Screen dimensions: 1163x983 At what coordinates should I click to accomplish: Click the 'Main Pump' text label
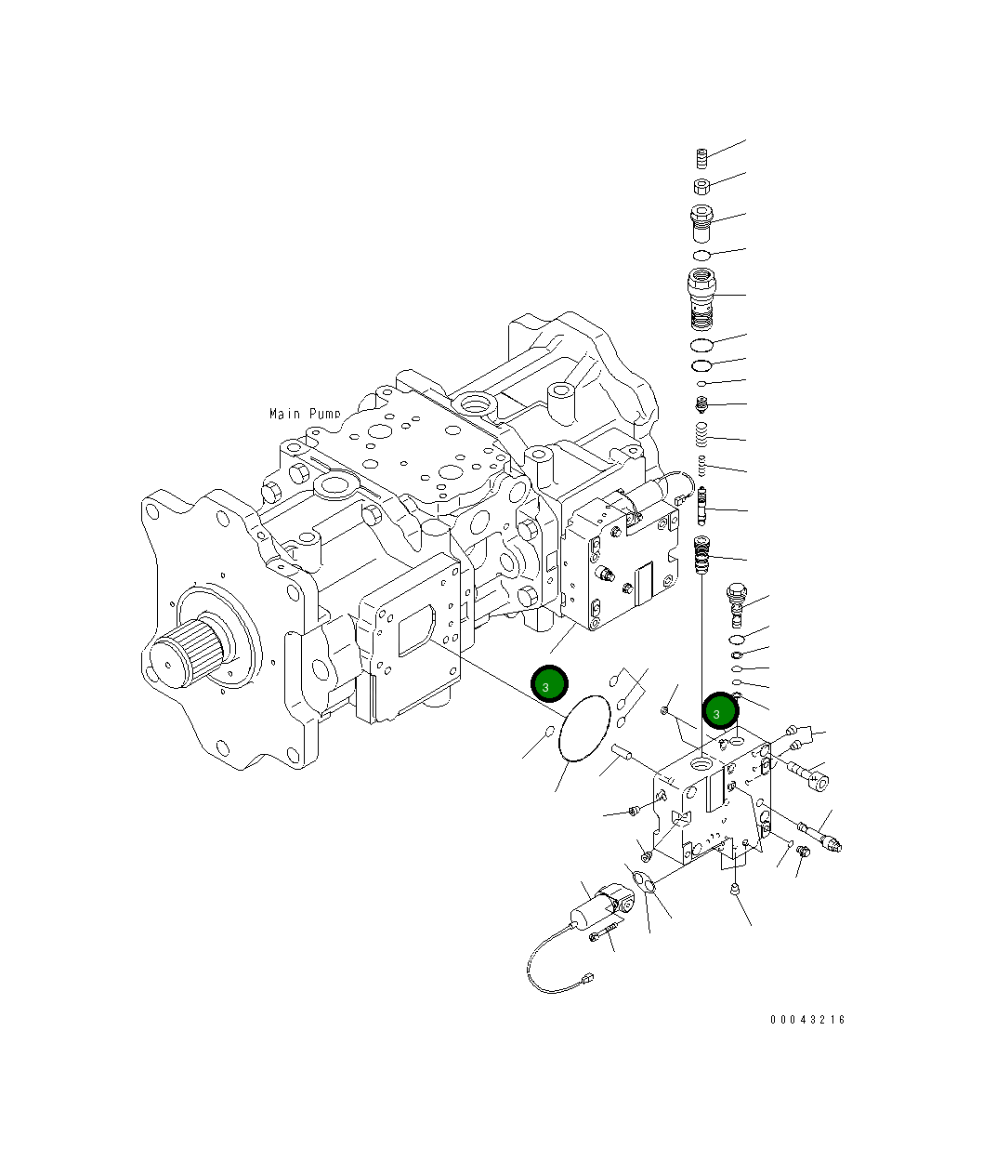305,414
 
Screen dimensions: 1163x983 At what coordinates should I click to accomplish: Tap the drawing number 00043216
807,1020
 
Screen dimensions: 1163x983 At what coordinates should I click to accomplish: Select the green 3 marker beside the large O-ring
548,685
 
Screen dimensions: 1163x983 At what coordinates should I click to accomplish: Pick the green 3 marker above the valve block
720,712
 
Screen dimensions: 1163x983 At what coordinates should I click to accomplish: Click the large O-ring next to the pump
584,730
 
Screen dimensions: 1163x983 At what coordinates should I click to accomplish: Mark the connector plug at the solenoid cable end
586,978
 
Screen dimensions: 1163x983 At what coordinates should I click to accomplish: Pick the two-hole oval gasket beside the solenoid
643,876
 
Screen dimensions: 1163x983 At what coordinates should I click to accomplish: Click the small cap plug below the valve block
735,891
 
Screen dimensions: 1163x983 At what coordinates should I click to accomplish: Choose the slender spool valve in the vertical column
703,506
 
